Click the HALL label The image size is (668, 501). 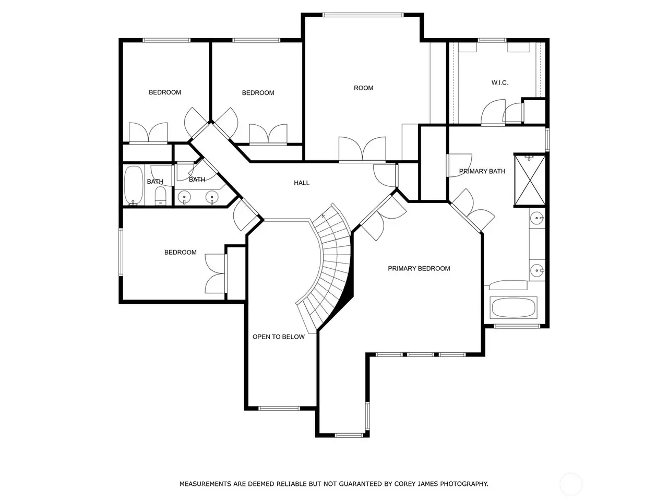coord(301,183)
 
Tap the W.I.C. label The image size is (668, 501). coord(499,83)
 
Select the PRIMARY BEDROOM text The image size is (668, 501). coord(419,268)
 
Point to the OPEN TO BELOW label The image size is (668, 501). coord(279,337)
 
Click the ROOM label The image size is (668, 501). coord(363,88)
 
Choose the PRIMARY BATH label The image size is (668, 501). coord(482,171)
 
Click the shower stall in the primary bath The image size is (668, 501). coord(530,180)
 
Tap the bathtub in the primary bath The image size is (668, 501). coord(513,307)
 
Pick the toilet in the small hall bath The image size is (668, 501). coord(160,196)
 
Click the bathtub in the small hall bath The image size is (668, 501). coord(134,185)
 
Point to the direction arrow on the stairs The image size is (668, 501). coord(324,217)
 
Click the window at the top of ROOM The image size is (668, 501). coord(363,15)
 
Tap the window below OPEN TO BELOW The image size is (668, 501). coord(279,409)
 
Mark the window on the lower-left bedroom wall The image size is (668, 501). coord(121,252)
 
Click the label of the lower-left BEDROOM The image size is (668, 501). coord(180,252)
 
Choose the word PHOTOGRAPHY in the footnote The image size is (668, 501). coord(464,484)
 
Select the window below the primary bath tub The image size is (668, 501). coord(517,326)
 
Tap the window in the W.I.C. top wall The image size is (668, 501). coord(492,40)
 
